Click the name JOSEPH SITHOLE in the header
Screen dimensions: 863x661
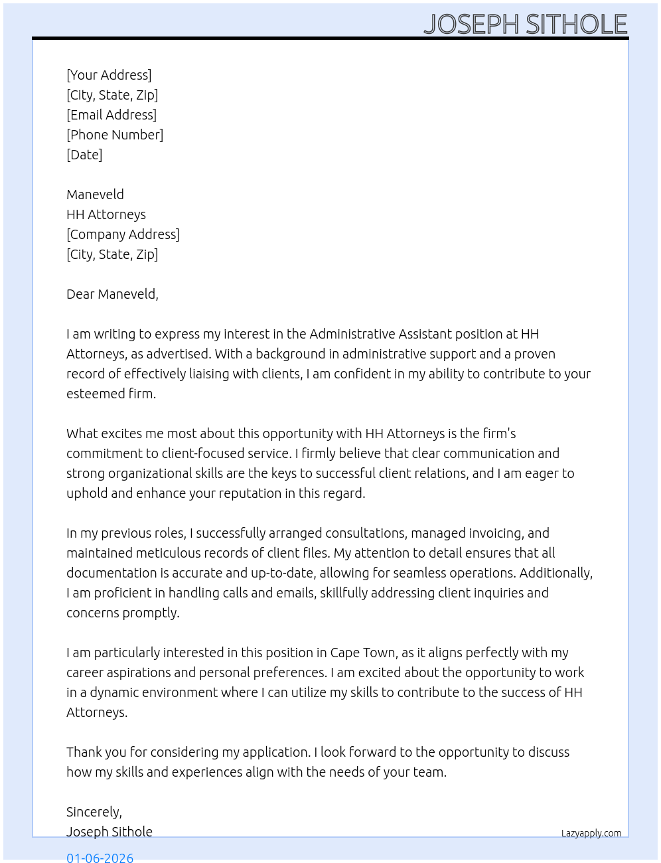pos(525,25)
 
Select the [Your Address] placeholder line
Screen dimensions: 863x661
pos(109,75)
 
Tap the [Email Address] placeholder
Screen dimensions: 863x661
pos(111,115)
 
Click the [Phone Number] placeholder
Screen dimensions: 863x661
pos(115,135)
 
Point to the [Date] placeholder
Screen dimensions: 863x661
pos(84,155)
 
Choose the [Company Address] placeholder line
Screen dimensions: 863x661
pos(123,234)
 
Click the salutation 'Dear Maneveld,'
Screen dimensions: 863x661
pos(112,294)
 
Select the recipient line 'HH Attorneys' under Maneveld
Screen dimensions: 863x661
pos(106,214)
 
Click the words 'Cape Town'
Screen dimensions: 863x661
pos(363,653)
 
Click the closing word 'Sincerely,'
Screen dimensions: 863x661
pos(94,812)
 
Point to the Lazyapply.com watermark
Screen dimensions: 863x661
pos(591,833)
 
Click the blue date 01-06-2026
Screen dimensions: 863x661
pos(100,857)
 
